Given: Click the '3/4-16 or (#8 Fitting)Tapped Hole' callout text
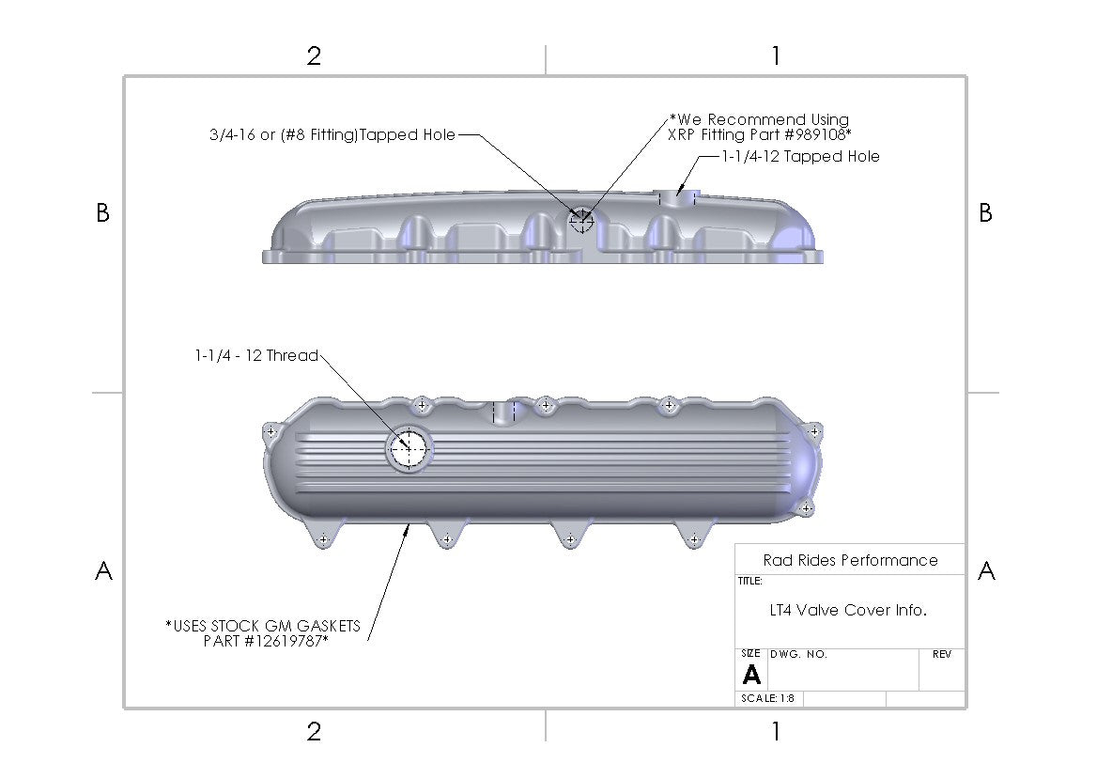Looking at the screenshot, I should coord(332,135).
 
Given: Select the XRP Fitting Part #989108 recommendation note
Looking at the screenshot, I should coord(759,127).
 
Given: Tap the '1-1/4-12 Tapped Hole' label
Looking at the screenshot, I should coord(800,157).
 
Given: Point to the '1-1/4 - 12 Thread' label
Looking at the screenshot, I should coord(256,356).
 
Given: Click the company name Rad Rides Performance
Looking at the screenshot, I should coord(850,561).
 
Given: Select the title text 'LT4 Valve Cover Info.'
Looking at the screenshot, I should coord(848,611).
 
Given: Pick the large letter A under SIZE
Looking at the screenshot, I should coord(751,675).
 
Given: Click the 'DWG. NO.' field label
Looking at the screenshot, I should coord(798,655).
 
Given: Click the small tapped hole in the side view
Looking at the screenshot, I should coord(581,221).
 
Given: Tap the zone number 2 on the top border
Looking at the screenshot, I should coord(314,56).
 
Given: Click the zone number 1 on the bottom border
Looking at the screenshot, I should coord(775,731).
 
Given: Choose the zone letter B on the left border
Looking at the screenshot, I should coord(103,214).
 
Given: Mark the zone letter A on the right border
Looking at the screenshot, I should coord(986,571).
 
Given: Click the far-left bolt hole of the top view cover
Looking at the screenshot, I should coord(271,432).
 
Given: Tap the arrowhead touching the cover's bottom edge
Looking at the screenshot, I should coord(408,530).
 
